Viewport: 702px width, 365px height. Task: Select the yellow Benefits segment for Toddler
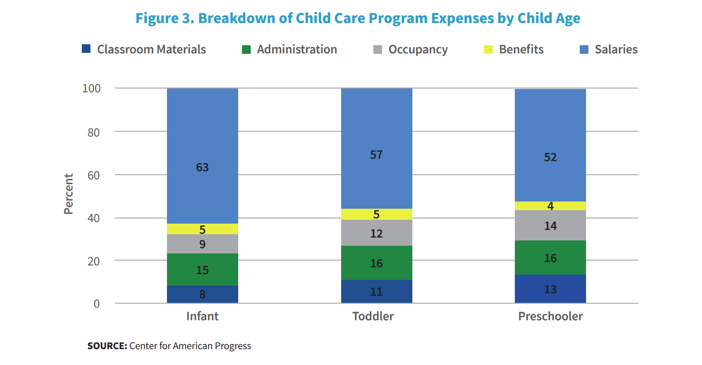pos(376,214)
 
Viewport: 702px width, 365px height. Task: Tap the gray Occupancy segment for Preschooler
pos(550,225)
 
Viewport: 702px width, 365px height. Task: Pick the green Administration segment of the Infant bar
pos(202,270)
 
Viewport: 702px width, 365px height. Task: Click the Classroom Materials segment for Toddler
pos(376,291)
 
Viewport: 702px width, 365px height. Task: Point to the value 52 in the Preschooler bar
pos(550,157)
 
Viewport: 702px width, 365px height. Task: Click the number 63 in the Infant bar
pos(202,167)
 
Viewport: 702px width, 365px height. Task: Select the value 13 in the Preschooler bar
pos(550,289)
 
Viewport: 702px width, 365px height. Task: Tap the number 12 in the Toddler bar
pos(376,234)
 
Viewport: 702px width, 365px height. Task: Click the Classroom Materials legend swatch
pos(86,49)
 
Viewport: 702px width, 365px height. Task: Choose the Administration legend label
pos(297,49)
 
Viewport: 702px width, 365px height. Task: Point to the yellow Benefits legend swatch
pos(488,49)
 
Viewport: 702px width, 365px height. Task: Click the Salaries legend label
pos(616,49)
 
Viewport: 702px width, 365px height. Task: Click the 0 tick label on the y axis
pos(96,304)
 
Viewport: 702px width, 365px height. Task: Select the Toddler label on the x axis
pos(373,316)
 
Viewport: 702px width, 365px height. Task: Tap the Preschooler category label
pos(550,316)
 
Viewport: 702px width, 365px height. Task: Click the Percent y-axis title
pos(69,194)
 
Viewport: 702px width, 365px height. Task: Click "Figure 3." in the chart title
pos(164,18)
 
